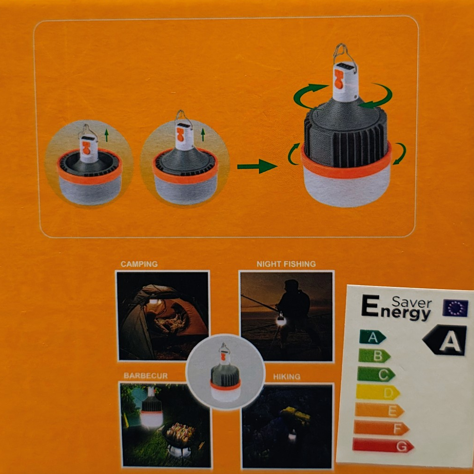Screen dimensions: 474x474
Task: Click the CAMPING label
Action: pyautogui.click(x=139, y=264)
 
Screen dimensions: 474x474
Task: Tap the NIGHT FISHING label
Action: pyautogui.click(x=286, y=264)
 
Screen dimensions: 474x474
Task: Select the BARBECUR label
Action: pyautogui.click(x=146, y=376)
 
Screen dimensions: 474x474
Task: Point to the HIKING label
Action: pyautogui.click(x=286, y=376)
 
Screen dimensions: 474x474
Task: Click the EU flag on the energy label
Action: pyautogui.click(x=455, y=308)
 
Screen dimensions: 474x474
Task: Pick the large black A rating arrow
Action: pyautogui.click(x=445, y=340)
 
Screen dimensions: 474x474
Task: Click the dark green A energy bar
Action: pyautogui.click(x=372, y=337)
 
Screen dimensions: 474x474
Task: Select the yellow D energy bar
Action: pyautogui.click(x=378, y=392)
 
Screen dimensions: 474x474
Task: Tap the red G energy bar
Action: pyautogui.click(x=383, y=446)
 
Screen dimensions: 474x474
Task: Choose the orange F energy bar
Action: pyautogui.click(x=381, y=428)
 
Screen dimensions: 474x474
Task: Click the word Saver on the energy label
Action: pyautogui.click(x=412, y=302)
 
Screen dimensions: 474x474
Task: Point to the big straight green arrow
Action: pyautogui.click(x=257, y=166)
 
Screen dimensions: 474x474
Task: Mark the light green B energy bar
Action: pyautogui.click(x=374, y=355)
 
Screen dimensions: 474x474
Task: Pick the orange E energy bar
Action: pyautogui.click(x=379, y=410)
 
